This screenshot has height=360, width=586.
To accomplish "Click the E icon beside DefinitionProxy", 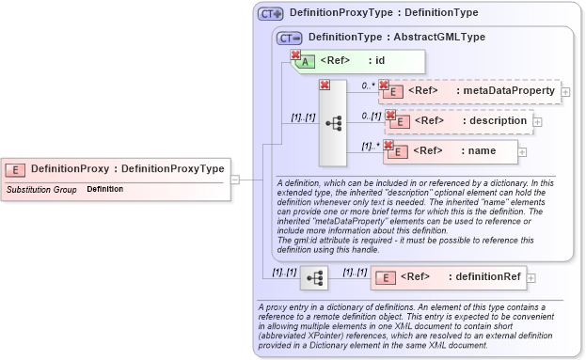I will [15, 169].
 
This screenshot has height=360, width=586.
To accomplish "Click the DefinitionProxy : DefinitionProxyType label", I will [128, 169].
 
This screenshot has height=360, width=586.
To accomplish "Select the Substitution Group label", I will [41, 190].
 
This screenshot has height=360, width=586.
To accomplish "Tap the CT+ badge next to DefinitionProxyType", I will [271, 14].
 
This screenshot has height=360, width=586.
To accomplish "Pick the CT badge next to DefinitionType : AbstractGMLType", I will [290, 37].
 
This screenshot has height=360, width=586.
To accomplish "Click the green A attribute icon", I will [308, 63].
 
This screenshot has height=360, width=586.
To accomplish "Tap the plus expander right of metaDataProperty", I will [565, 92].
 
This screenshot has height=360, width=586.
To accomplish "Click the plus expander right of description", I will [537, 121].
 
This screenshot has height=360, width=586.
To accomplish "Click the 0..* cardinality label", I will [368, 86].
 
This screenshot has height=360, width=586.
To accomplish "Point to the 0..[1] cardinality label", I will [372, 115].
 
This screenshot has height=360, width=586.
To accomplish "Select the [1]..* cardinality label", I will [372, 146].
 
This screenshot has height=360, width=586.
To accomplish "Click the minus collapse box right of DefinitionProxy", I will [234, 178].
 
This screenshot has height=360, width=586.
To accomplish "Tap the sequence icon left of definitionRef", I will [314, 277].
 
